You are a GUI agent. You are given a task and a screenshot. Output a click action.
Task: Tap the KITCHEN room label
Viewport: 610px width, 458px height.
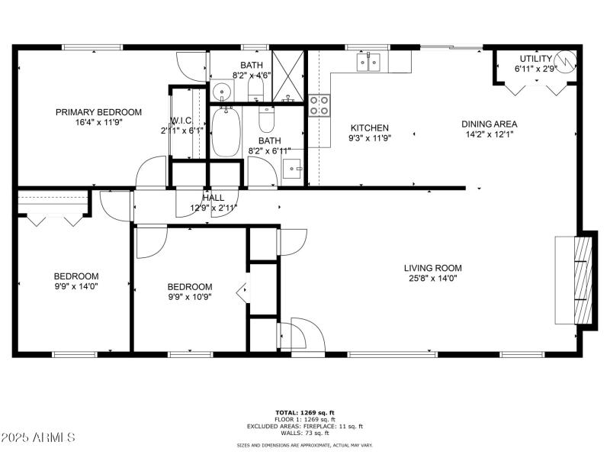click(369, 128)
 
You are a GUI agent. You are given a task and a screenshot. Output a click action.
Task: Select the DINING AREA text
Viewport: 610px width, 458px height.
click(489, 124)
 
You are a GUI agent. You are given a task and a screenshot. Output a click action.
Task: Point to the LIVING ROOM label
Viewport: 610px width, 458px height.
click(432, 268)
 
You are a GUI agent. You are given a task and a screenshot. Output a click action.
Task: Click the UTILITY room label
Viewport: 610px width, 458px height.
click(535, 59)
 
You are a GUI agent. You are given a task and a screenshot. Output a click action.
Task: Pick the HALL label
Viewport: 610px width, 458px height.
click(213, 198)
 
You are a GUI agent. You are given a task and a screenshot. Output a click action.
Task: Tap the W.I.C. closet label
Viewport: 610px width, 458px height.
click(181, 120)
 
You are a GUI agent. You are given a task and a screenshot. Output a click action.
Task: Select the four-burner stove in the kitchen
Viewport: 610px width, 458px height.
click(319, 105)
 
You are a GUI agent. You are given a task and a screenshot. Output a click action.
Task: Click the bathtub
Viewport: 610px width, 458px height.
click(226, 133)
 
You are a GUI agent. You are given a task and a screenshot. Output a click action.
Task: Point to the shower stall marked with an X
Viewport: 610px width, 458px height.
click(288, 75)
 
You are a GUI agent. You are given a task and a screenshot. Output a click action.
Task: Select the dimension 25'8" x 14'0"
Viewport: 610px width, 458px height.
click(432, 279)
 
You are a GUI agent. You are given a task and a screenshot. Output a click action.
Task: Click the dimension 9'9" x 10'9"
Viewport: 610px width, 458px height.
click(189, 296)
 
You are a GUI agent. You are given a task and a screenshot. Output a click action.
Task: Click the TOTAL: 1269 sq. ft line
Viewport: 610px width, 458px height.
click(304, 413)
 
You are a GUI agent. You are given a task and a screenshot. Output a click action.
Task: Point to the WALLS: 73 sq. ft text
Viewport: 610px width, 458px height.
click(304, 434)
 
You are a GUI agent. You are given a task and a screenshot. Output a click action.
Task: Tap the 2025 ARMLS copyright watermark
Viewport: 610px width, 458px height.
click(38, 437)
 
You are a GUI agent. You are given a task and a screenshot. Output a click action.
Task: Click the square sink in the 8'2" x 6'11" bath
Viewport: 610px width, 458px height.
click(292, 169)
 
